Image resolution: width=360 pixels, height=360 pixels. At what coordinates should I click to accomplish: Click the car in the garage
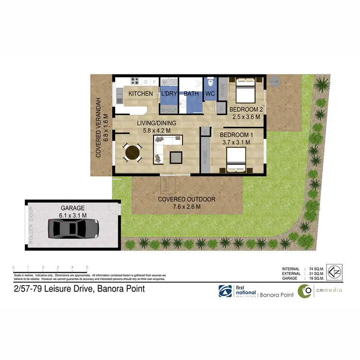(x=73, y=229)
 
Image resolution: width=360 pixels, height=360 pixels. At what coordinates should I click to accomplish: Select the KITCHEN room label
(x=141, y=94)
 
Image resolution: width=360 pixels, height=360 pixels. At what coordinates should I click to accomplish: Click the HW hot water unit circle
(x=275, y=82)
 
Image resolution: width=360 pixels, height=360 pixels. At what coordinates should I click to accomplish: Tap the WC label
(x=211, y=94)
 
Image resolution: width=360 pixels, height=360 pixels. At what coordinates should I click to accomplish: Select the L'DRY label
(x=169, y=94)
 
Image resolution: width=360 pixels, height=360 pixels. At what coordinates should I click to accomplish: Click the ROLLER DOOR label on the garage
(x=32, y=226)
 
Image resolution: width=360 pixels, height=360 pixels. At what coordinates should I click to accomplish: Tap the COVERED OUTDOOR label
(x=188, y=199)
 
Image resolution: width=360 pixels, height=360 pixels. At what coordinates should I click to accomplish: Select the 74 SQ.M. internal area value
(x=316, y=269)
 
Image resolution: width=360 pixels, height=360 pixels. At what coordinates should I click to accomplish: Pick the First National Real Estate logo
(x=237, y=291)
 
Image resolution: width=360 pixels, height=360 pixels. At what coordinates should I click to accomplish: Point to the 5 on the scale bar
(x=87, y=267)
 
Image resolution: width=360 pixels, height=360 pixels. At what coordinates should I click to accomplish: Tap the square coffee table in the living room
(x=176, y=157)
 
